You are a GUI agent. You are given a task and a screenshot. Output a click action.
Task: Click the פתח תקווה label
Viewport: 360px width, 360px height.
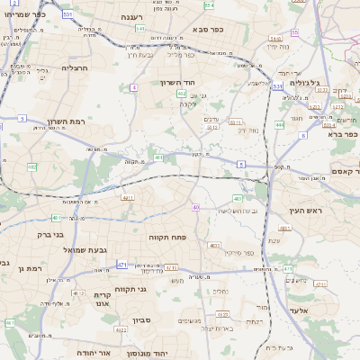click(x=166, y=237)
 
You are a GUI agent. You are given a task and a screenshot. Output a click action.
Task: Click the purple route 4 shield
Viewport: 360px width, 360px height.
click(x=133, y=87)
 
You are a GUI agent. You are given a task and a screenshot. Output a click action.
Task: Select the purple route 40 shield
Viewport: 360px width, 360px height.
click(x=196, y=208)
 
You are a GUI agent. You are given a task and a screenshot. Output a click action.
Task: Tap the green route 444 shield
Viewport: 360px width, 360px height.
click(x=280, y=125)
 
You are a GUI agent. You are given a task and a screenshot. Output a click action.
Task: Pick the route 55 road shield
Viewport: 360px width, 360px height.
click(x=295, y=32)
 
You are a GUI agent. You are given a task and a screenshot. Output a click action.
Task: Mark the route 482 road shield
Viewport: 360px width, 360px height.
click(x=31, y=167)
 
